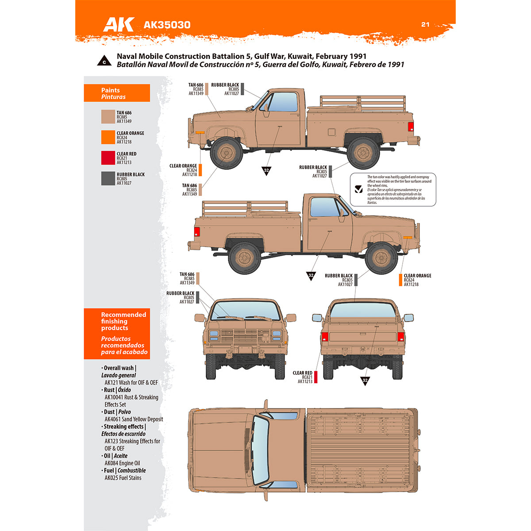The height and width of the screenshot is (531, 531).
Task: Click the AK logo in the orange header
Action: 118,24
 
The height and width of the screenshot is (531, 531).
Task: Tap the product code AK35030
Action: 167,25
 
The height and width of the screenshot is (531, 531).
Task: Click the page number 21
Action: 425,24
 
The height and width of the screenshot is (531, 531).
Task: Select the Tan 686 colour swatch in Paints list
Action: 108,117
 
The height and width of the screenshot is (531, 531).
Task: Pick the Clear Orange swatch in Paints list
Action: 108,137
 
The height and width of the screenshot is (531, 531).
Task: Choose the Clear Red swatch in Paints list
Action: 108,158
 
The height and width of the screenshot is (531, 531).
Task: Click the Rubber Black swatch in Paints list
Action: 108,178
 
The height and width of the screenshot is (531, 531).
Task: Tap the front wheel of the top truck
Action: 226,153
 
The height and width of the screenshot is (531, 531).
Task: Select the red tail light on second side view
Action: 197,231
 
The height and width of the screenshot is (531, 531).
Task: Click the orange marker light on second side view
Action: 408,238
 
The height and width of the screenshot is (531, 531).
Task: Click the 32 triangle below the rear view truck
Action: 365,381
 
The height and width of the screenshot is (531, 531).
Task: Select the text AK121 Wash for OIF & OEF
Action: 131,382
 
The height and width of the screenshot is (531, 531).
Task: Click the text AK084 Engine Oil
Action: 122,463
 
